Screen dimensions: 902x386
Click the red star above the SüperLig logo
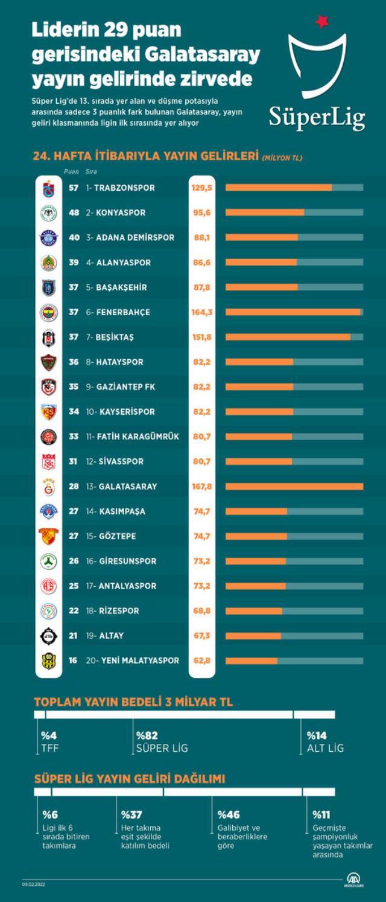pos(322,22)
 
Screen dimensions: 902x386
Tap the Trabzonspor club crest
pos(48,188)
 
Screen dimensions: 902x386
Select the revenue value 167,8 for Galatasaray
pos(202,487)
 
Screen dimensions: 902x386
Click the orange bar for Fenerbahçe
pos(293,312)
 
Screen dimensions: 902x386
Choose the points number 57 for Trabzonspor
pos(74,188)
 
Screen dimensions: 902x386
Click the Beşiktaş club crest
pos(48,337)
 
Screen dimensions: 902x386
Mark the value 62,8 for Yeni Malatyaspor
pos(202,661)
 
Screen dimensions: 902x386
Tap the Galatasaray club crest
pos(48,487)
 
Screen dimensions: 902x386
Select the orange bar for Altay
pos(253,636)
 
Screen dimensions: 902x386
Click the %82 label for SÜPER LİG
pos(147,735)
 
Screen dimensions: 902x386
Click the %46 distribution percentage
pos(229,814)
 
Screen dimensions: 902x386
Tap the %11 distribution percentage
pos(321,814)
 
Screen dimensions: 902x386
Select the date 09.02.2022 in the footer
pos(34,884)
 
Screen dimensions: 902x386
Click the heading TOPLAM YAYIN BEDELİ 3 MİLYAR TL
pos(133,702)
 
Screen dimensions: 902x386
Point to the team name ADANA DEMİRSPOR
pos(134,238)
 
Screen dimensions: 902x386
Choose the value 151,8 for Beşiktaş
pos(202,337)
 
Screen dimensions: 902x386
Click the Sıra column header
pos(91,171)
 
